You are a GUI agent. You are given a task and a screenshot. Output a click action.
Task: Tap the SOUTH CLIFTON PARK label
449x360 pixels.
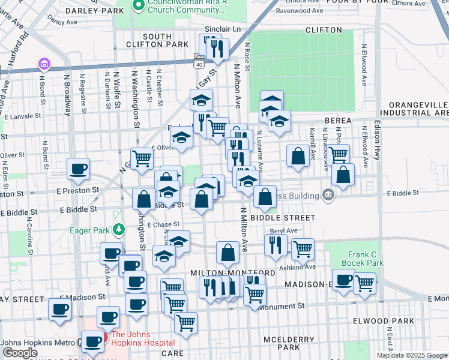[x=157, y=40]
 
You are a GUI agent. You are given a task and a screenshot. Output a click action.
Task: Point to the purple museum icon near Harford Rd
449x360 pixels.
[x=43, y=64]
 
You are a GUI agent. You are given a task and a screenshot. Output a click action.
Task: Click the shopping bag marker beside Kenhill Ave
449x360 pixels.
[x=298, y=157]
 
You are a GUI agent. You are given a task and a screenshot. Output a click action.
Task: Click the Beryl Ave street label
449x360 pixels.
[x=283, y=230]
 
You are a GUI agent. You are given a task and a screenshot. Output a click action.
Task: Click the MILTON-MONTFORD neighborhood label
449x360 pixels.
[x=233, y=272]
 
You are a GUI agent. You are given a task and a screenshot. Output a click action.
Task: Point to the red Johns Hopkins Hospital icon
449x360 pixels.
[x=103, y=336]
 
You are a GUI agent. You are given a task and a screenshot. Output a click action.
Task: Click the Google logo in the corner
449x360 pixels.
[x=20, y=353]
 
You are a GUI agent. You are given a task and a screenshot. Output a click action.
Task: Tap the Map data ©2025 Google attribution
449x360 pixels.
[x=411, y=355]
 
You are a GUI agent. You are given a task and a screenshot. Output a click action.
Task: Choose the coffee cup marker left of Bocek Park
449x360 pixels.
[x=343, y=281]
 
